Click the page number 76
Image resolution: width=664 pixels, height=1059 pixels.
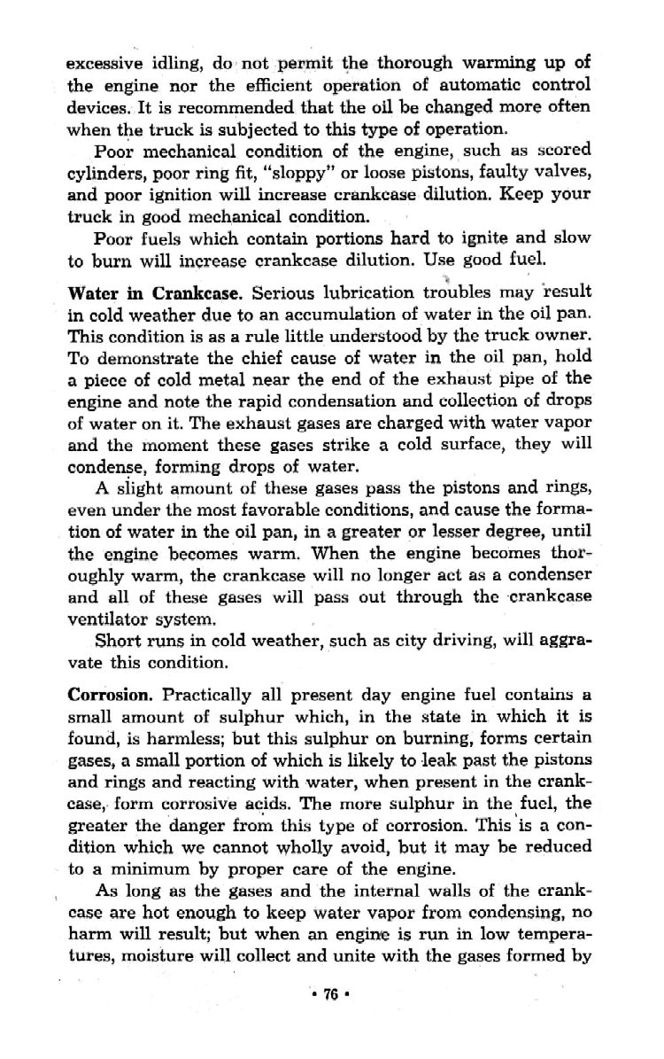[332, 993]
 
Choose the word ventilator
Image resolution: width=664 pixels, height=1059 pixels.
[107, 620]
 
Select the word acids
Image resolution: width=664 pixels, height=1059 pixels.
[275, 804]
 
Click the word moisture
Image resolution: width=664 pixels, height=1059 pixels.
[177, 954]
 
